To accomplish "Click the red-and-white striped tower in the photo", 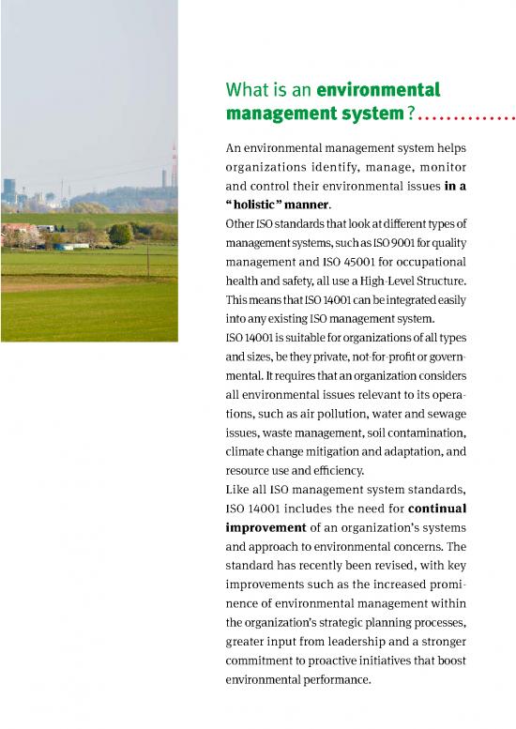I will (x=174, y=165).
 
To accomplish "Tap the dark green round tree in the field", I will (x=120, y=235).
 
